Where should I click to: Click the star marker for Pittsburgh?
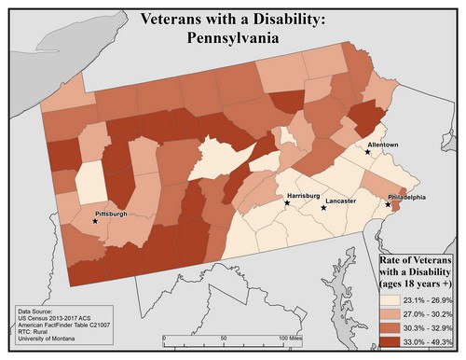pyautogui.click(x=95, y=221)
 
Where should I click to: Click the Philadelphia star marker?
pyautogui.click(x=389, y=204)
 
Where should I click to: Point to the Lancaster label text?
pyautogui.click(x=341, y=201)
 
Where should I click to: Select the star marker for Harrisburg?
pyautogui.click(x=286, y=202)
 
